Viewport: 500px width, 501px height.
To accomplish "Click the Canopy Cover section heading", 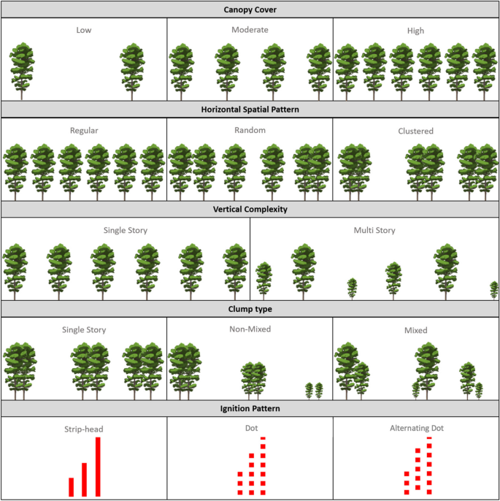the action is pos(250,9).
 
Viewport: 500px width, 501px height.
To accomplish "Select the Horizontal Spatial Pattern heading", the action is pos(250,110).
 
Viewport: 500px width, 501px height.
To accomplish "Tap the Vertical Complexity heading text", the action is pos(250,210).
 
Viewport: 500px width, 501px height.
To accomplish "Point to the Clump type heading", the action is pos(250,310).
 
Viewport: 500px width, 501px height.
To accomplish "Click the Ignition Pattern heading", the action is pos(250,409).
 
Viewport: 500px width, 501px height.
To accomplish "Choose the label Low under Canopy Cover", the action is pos(84,30).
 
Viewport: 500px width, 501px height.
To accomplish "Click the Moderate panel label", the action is pos(250,30).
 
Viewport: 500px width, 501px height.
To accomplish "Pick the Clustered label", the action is pos(416,131).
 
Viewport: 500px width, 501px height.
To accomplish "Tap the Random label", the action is pos(250,130).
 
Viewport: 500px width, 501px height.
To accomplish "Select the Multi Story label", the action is pos(374,230).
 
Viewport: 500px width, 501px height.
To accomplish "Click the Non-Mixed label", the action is pos(250,329).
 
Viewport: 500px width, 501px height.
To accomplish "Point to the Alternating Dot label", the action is pos(417,428).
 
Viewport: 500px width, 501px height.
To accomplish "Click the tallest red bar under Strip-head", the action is pos(98,467).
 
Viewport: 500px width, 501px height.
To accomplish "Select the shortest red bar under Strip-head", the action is pos(72,487).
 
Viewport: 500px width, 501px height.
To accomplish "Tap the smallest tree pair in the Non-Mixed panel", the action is pos(314,391).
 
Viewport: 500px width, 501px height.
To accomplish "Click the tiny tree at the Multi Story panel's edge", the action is pos(494,291).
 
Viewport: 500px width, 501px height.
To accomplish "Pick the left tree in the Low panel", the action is pos(22,72).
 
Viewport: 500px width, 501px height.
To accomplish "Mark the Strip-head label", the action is pos(84,429).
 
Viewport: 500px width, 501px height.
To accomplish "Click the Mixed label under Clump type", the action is pos(416,330).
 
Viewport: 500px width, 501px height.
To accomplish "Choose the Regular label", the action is pos(84,131).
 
